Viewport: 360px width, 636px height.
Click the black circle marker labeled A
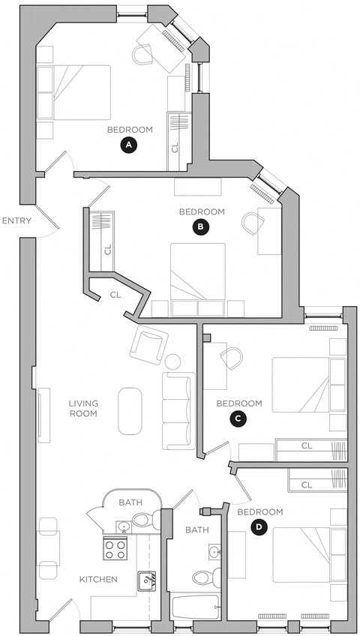(129, 145)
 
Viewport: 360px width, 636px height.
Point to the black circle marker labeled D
(259, 527)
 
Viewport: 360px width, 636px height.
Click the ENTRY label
(16, 221)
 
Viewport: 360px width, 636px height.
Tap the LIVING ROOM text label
(83, 408)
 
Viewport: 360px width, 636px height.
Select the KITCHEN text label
(99, 579)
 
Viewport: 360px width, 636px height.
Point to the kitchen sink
(146, 578)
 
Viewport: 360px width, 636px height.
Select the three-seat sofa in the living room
(179, 410)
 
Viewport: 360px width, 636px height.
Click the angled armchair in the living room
(148, 344)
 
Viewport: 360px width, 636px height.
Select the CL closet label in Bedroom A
(175, 146)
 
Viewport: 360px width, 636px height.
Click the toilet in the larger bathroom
(203, 577)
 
